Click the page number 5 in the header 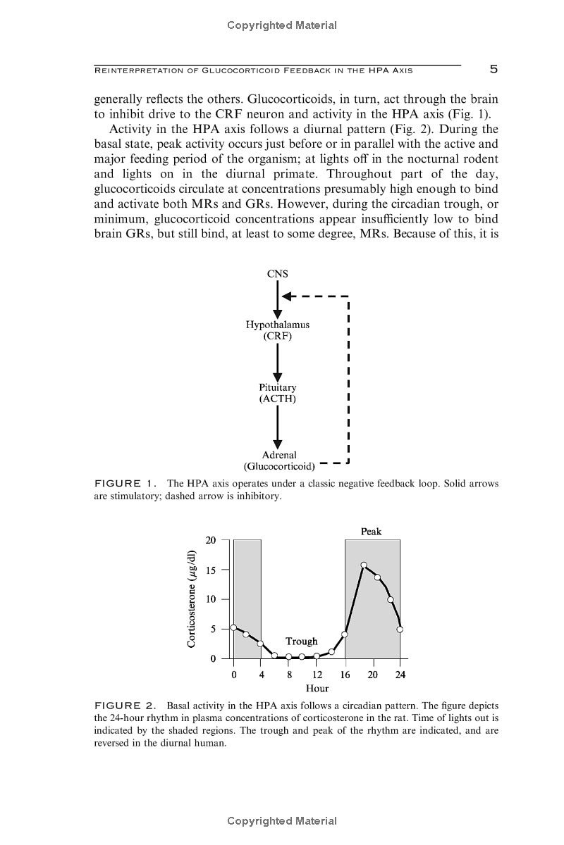pos(493,69)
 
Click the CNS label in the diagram pos(278,273)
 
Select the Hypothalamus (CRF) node pos(278,330)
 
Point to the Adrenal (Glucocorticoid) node pos(279,461)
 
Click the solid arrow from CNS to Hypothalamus pos(278,299)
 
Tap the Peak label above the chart pos(371,532)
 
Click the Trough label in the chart pos(301,641)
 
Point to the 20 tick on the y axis pos(211,541)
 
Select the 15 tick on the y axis pos(211,570)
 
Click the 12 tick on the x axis pos(317,675)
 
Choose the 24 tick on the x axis pos(400,675)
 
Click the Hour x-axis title pos(317,689)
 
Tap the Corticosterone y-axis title pos(191,599)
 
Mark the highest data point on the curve pos(364,565)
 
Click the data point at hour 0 pos(233,627)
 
